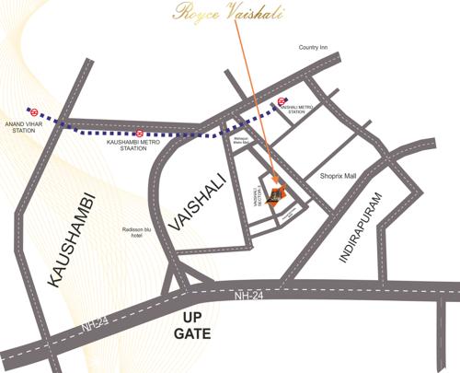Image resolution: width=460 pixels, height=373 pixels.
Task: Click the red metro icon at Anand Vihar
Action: [32, 113]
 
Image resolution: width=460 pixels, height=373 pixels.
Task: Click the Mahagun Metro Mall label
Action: [242, 142]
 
